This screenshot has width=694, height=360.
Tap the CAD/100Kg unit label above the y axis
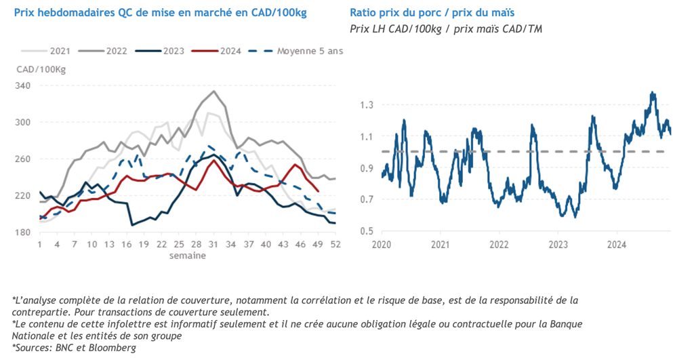tap(41, 69)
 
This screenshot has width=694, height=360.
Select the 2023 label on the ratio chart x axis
tap(558, 243)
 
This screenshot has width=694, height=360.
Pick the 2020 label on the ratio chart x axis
tap(382, 243)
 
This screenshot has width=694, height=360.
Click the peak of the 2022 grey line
tap(214, 91)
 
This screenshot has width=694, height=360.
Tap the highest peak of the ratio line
tap(653, 92)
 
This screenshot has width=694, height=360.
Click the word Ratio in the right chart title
tap(363, 13)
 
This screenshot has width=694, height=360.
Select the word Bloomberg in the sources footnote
tap(112, 348)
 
